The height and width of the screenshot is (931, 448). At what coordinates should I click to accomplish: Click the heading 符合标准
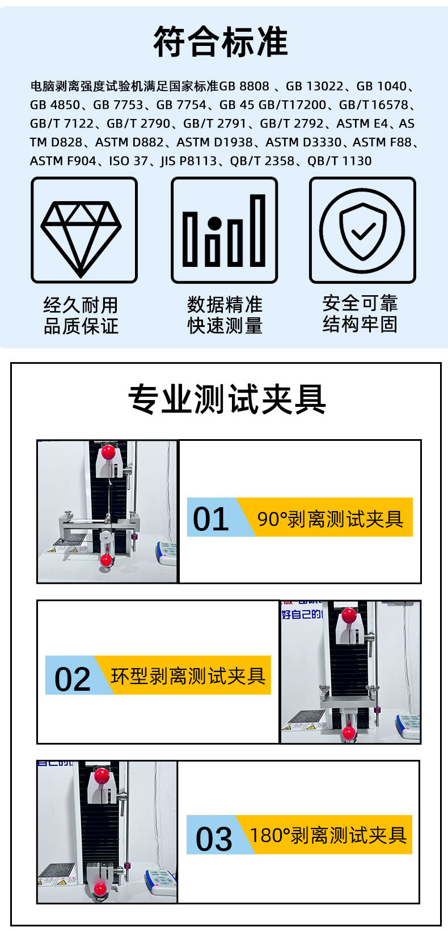pos(221,42)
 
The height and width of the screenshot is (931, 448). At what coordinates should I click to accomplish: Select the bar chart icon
pos(224,231)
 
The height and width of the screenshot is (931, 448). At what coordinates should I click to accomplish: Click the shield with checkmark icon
pos(362,231)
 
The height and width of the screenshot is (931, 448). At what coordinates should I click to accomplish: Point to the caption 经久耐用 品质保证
pos(81,315)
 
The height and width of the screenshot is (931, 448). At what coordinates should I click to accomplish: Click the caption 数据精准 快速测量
pos(225,315)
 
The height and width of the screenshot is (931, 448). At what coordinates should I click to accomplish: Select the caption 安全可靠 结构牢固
pos(360,313)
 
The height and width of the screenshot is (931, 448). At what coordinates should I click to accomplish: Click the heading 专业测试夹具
pos(227,399)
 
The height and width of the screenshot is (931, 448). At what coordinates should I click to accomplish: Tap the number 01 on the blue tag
pos(211,518)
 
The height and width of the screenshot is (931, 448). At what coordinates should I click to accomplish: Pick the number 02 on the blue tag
pos(73,678)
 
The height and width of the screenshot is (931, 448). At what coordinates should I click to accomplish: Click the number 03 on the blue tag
pos(214,839)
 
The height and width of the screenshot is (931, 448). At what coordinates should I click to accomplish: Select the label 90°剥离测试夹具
pos(331,518)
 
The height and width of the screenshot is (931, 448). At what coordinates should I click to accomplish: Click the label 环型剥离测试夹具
pos(188,676)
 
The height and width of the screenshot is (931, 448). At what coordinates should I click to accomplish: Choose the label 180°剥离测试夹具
pos(328,835)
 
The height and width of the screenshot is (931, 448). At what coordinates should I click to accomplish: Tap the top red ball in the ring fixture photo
pos(349,614)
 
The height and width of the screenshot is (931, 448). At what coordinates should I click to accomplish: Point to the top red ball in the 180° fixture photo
pos(102,775)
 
